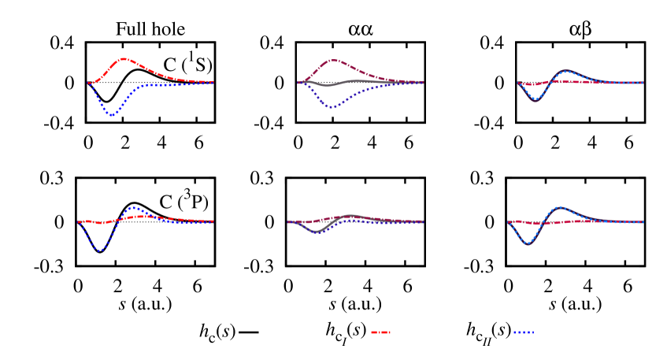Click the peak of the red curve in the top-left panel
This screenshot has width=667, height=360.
click(124, 59)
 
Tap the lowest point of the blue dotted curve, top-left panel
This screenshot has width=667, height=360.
click(112, 114)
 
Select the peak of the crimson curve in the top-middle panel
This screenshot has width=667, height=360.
click(333, 60)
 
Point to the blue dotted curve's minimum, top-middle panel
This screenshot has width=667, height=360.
click(332, 106)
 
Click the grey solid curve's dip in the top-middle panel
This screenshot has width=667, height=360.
click(328, 85)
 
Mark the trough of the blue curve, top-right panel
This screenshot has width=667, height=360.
click(535, 100)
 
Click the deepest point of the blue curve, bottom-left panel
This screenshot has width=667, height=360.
click(100, 251)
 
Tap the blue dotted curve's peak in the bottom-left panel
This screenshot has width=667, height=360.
click(132, 207)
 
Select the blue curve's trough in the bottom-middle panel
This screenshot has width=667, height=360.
click(317, 232)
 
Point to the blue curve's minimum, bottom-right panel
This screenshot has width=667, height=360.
click(528, 243)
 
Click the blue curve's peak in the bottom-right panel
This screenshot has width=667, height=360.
click(559, 208)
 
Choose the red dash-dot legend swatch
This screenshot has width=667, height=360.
click(380, 332)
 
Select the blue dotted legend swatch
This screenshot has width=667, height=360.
click(523, 332)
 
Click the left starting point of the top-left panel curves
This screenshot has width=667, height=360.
click(88, 83)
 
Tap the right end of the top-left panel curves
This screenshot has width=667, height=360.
click(213, 83)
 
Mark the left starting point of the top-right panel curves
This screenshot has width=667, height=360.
click(517, 83)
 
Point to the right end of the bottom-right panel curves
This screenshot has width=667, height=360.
click(643, 221)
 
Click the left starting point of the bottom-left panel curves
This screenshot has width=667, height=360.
click(78, 222)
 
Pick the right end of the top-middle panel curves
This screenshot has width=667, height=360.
click(423, 83)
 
